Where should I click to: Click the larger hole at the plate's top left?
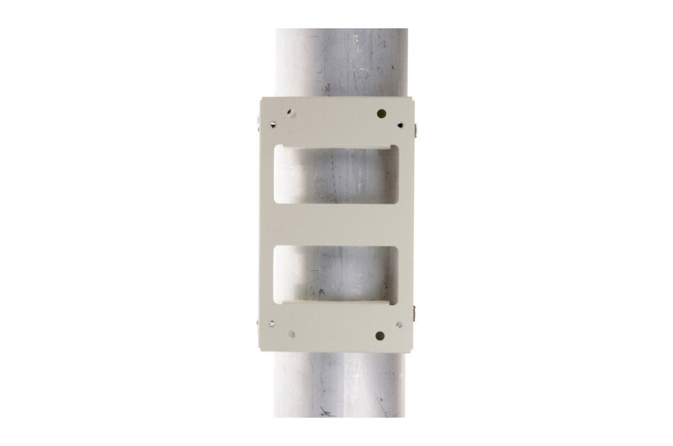pyautogui.click(x=290, y=112)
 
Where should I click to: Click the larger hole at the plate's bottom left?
pyautogui.click(x=290, y=333)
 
